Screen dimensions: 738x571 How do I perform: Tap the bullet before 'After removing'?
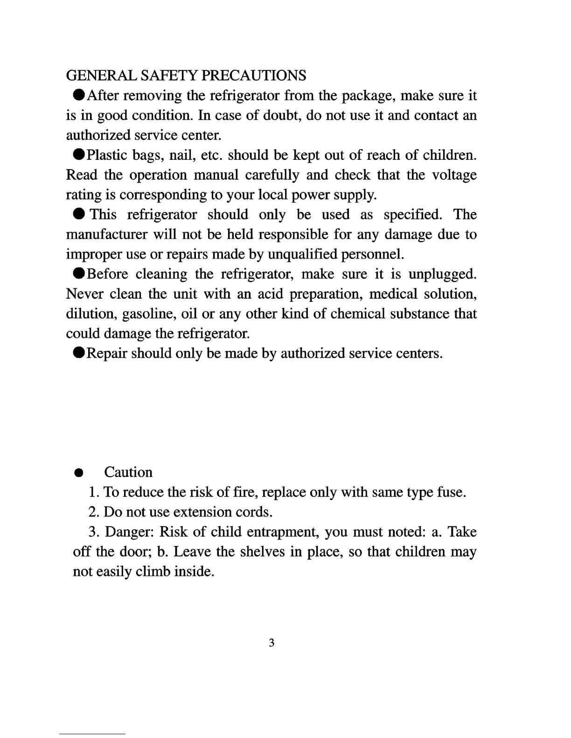point(79,96)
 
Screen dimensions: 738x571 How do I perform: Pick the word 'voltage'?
point(454,175)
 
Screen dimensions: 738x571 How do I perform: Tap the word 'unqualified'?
point(303,254)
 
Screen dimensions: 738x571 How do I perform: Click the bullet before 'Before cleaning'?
point(79,273)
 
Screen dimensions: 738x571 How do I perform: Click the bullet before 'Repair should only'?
point(79,353)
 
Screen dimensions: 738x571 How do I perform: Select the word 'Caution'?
point(128,472)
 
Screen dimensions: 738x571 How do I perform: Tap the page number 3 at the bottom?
point(272,643)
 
